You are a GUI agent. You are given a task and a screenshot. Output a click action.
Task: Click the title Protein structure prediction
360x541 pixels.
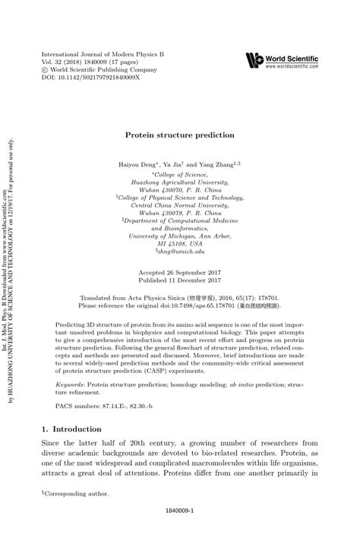point(179,134)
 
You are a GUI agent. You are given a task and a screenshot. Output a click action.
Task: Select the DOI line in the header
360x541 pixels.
point(90,78)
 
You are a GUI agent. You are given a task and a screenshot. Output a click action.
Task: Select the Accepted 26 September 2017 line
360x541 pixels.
point(179,252)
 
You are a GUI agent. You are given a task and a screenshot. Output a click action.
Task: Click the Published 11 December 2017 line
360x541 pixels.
point(179,260)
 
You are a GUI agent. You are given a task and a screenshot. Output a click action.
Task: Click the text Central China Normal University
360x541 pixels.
point(179,205)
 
